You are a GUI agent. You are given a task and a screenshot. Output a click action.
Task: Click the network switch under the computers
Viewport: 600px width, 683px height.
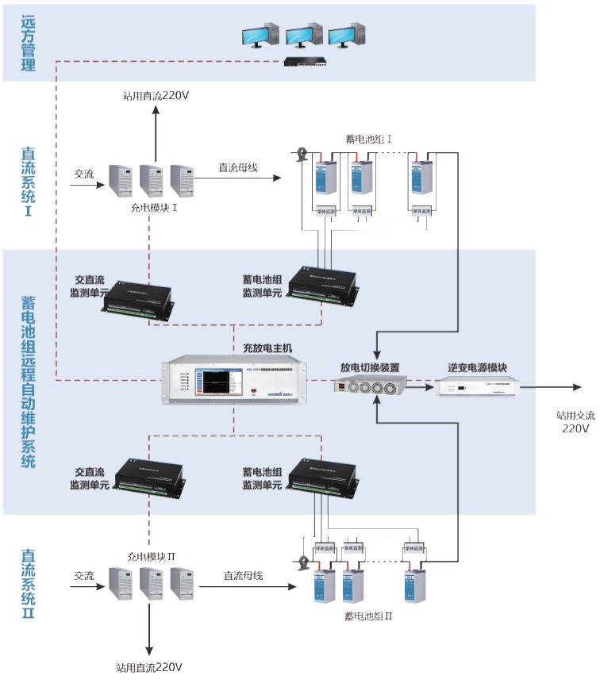306,61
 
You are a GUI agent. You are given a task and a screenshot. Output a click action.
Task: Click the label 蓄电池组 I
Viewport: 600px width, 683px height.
369,140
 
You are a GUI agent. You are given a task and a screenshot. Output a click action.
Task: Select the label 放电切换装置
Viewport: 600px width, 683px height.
369,367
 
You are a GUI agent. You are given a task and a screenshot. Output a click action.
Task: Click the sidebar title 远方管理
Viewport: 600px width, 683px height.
29,43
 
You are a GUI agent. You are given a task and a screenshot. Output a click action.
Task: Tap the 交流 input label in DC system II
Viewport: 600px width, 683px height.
85,576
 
